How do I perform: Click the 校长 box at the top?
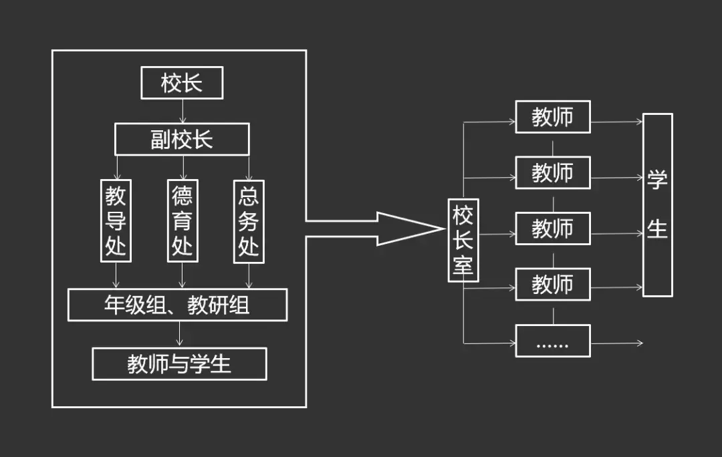pos(182,84)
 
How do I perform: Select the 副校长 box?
pos(182,139)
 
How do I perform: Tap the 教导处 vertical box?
pos(116,220)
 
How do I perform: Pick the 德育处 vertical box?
pos(182,220)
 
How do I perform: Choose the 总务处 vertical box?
pos(249,220)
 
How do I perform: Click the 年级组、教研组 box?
pos(178,305)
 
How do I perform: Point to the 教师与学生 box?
pos(179,364)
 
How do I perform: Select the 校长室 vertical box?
pos(463,241)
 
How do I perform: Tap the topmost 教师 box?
pos(552,117)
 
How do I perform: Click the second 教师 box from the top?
pos(552,173)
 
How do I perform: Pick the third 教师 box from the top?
pos(552,228)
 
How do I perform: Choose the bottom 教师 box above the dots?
pos(552,285)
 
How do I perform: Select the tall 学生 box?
pos(657,205)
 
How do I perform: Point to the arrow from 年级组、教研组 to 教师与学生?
pos(179,334)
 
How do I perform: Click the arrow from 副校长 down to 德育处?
pos(183,167)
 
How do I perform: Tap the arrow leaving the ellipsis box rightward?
pos(616,343)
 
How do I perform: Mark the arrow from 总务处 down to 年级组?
pos(249,275)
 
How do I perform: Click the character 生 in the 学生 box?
pos(657,228)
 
